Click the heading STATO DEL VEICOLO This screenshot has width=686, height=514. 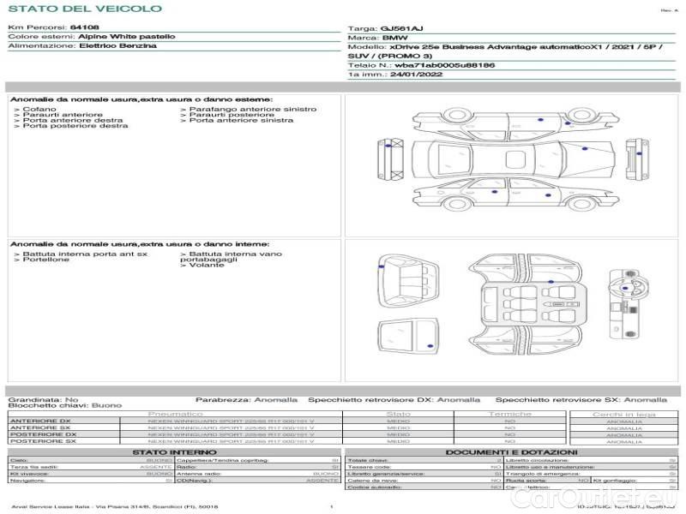point(85,9)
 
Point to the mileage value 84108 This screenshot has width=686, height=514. point(85,29)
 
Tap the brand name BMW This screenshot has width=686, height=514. point(395,39)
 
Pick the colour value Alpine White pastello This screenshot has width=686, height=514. point(127,38)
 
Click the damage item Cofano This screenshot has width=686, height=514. point(40,110)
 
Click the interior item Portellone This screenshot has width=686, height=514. point(46,260)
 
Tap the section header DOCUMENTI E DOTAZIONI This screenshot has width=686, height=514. point(511,452)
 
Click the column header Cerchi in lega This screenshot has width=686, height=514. point(623,415)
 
